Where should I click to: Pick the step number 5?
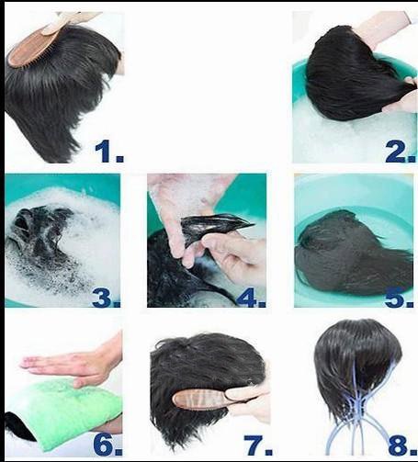398,297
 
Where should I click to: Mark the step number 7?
256,445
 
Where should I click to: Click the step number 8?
401,445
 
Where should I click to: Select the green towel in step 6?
64,413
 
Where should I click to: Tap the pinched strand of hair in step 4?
214,227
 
